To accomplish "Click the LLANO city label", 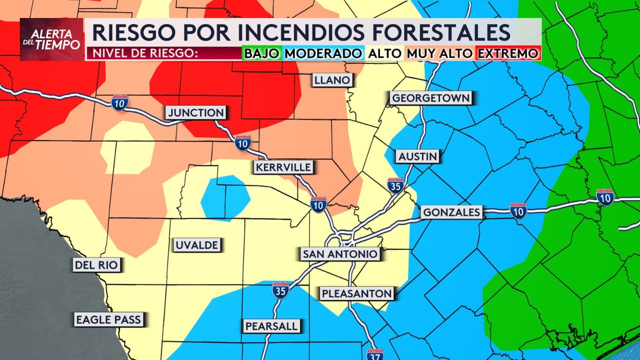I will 332,80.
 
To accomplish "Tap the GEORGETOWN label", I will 430,98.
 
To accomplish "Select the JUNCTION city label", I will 195,113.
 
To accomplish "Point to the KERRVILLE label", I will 283,167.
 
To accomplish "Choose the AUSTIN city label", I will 417,156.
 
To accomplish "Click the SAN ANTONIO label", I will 339,254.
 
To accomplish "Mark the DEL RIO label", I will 96,265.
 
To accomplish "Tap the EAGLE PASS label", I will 108,319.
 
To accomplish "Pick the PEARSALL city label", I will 271,326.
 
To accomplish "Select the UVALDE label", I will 196,245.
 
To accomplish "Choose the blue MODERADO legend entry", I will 323,53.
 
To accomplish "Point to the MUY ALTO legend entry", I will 439,53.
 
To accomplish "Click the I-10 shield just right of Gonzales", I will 518,211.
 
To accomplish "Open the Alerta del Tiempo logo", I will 51,39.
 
